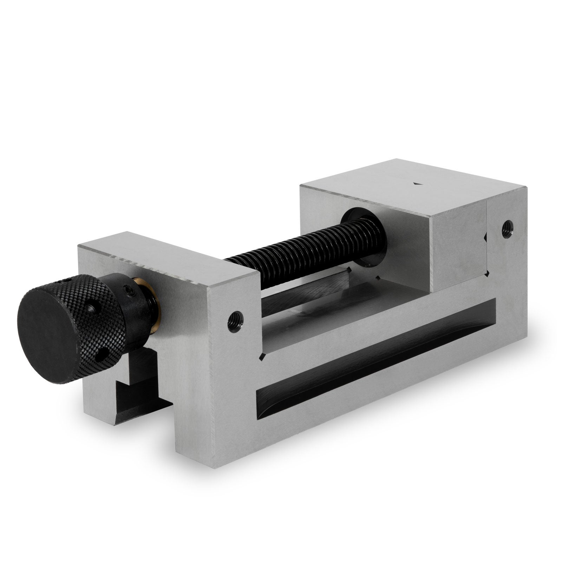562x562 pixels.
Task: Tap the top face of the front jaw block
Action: click(x=165, y=256)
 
